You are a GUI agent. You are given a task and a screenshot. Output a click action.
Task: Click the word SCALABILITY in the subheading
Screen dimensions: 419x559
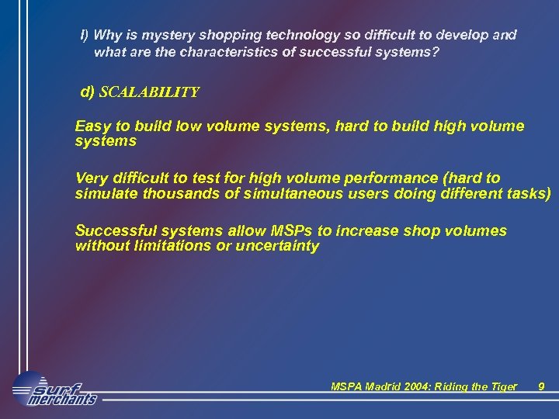click(149, 92)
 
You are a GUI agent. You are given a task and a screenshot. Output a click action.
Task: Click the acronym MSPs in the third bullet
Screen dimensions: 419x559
click(290, 231)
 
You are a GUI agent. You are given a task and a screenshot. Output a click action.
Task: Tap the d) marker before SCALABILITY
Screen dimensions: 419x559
click(88, 92)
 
